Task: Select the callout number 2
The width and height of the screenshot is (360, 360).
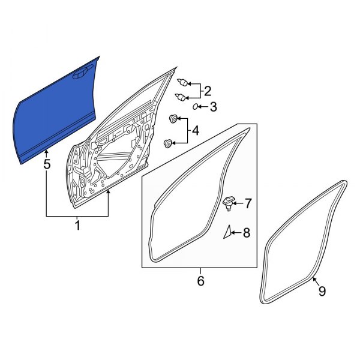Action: [208, 91]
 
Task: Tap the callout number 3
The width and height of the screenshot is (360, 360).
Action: [212, 107]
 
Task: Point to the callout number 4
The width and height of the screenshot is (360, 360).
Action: [195, 131]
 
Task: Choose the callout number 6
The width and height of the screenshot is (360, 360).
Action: [200, 280]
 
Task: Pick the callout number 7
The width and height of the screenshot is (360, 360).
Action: [248, 205]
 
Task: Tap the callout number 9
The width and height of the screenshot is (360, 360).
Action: [322, 291]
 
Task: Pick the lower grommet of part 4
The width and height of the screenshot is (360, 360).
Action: [169, 143]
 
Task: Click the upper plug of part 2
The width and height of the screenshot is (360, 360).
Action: [184, 82]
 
